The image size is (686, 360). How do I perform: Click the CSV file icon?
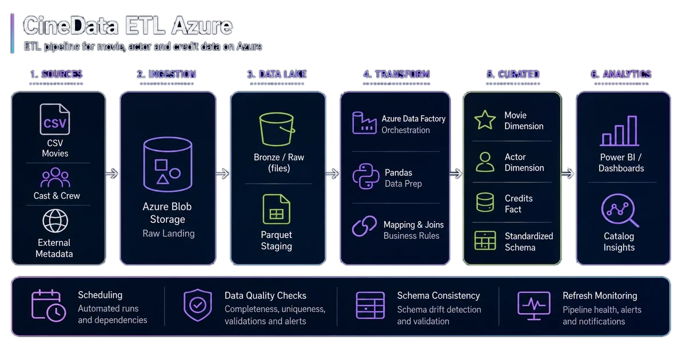click(55, 119)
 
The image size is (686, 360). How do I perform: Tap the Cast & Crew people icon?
click(55, 178)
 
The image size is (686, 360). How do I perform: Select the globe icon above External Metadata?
click(55, 221)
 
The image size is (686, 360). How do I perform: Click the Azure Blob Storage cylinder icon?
click(168, 165)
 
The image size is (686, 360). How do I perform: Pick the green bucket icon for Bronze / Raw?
click(277, 129)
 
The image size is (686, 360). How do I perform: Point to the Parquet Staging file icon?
click(276, 209)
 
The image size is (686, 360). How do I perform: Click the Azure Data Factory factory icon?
click(364, 123)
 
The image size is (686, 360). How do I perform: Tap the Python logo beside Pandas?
click(365, 177)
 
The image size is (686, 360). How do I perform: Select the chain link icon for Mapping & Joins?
click(365, 226)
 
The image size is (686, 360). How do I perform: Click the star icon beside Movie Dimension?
click(485, 119)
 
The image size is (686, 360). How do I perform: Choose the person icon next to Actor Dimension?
click(485, 162)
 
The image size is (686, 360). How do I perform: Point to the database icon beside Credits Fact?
click(485, 202)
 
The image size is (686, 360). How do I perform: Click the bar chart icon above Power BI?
click(620, 131)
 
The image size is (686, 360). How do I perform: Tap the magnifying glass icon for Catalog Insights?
click(620, 210)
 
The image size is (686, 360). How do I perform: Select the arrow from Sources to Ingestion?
click(112, 174)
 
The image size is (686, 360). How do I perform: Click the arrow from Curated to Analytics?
click(568, 174)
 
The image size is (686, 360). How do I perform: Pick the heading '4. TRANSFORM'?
click(397, 74)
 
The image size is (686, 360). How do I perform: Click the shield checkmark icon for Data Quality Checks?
click(198, 305)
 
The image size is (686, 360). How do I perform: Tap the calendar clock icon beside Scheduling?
click(49, 306)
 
